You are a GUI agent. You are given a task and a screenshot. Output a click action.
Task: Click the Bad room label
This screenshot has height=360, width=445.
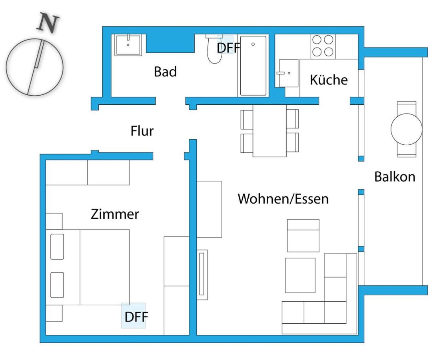tap(165, 72)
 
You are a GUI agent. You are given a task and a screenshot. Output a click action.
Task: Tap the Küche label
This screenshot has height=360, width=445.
tap(329, 80)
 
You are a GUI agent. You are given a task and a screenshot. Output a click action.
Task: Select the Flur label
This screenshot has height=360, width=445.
tap(142, 131)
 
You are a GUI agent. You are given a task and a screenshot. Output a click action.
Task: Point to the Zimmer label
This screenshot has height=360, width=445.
tap(115, 214)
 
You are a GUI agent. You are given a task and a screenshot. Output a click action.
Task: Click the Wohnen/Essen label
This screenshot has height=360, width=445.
tap(283, 198)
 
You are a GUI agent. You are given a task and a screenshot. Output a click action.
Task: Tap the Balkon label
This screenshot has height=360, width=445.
tap(395, 176)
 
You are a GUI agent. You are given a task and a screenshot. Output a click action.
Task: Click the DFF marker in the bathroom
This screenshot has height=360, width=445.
tap(228, 48)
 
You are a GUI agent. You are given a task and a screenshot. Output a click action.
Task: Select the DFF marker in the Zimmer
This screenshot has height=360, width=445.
tap(136, 317)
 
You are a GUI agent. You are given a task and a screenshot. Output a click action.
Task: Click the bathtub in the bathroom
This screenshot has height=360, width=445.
tap(253, 66)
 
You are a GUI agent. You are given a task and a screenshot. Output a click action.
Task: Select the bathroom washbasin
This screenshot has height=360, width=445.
tap(128, 45)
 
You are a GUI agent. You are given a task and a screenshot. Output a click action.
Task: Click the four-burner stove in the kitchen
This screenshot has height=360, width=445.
tap(323, 46)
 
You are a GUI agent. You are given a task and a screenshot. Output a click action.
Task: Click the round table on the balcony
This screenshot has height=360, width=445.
tap(406, 129)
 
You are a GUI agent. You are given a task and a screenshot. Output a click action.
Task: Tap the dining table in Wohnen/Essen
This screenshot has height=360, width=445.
tap(269, 130)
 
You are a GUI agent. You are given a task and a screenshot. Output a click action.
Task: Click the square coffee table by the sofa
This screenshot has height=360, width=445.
tap(300, 275)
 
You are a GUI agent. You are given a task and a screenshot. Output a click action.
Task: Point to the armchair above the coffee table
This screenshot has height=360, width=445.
tap(303, 236)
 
